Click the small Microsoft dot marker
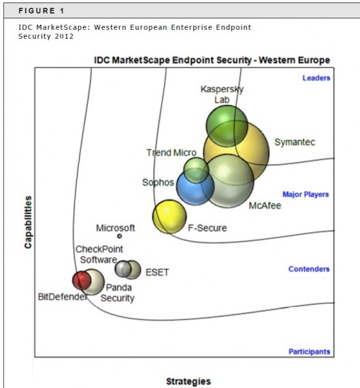[120, 236]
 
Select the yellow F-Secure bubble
[169, 217]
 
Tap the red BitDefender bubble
[81, 281]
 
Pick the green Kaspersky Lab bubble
[227, 126]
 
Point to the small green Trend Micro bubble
[196, 170]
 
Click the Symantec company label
[295, 142]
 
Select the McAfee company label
[265, 206]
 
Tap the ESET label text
[157, 272]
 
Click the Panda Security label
[118, 293]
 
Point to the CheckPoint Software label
[99, 254]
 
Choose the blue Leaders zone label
[316, 78]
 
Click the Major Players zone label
[306, 195]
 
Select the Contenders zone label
[309, 269]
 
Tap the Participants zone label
[310, 352]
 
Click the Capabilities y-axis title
[28, 222]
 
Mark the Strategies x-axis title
[189, 381]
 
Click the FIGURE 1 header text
[41, 11]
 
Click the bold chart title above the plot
[212, 60]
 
